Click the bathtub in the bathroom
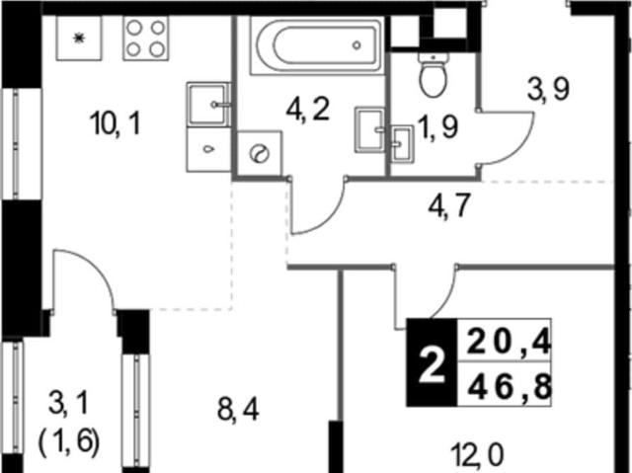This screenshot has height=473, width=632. coord(316,45)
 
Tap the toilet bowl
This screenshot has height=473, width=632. coord(434,74)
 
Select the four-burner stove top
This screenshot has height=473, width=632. coord(146,39)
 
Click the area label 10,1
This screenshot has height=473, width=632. coord(116,123)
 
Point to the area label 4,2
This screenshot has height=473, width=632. coord(307,110)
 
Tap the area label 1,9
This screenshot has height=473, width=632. coord(438,127)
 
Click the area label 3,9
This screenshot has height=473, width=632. coord(548,90)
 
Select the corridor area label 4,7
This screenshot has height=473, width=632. coord(449,205)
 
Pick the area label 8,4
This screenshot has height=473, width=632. coord(238,410)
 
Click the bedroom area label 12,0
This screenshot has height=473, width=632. coord(477,455)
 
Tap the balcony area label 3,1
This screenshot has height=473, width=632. coord(68,404)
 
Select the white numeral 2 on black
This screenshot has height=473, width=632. coord(432,365)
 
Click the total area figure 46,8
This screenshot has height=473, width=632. coord(510,387)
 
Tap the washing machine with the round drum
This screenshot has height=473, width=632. coord(259,153)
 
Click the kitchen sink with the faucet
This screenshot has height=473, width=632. coord(208,105)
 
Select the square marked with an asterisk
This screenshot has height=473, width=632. coord(79,39)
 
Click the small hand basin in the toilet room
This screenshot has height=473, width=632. coord(402,144)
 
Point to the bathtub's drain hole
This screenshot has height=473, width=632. coord(356,45)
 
